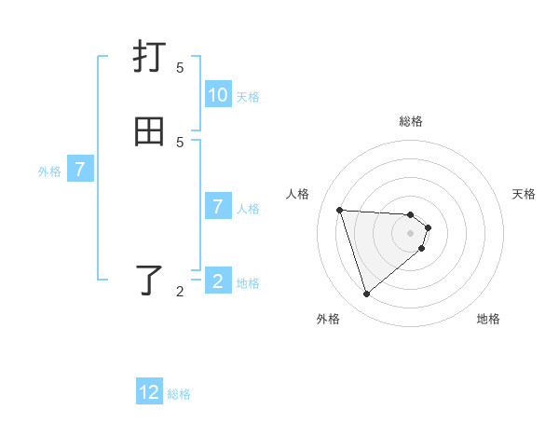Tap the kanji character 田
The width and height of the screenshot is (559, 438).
coord(150,131)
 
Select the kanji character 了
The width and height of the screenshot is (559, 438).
coord(151,281)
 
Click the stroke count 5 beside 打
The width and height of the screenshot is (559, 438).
coord(180,67)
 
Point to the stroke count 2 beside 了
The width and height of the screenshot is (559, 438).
coord(180,292)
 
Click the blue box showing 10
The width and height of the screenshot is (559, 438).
coord(218,95)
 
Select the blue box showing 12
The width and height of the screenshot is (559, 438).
coord(149,392)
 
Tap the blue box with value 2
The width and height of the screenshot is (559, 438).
coord(218,281)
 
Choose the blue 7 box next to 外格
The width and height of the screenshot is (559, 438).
coord(80,170)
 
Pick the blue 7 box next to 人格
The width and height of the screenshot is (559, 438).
coord(218,207)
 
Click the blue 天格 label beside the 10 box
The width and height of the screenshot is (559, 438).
coord(248,96)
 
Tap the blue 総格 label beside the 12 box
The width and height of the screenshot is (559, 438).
coord(179,393)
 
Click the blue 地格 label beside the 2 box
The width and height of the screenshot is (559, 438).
coord(248,282)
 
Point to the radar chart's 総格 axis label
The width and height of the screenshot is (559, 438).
coord(411,121)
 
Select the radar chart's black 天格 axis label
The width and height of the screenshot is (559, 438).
coord(524,194)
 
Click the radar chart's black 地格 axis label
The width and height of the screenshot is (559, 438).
coord(488,319)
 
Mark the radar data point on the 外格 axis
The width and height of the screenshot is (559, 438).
coord(366,294)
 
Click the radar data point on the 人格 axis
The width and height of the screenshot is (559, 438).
coord(339,210)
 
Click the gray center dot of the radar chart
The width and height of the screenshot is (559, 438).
coord(411,246)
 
